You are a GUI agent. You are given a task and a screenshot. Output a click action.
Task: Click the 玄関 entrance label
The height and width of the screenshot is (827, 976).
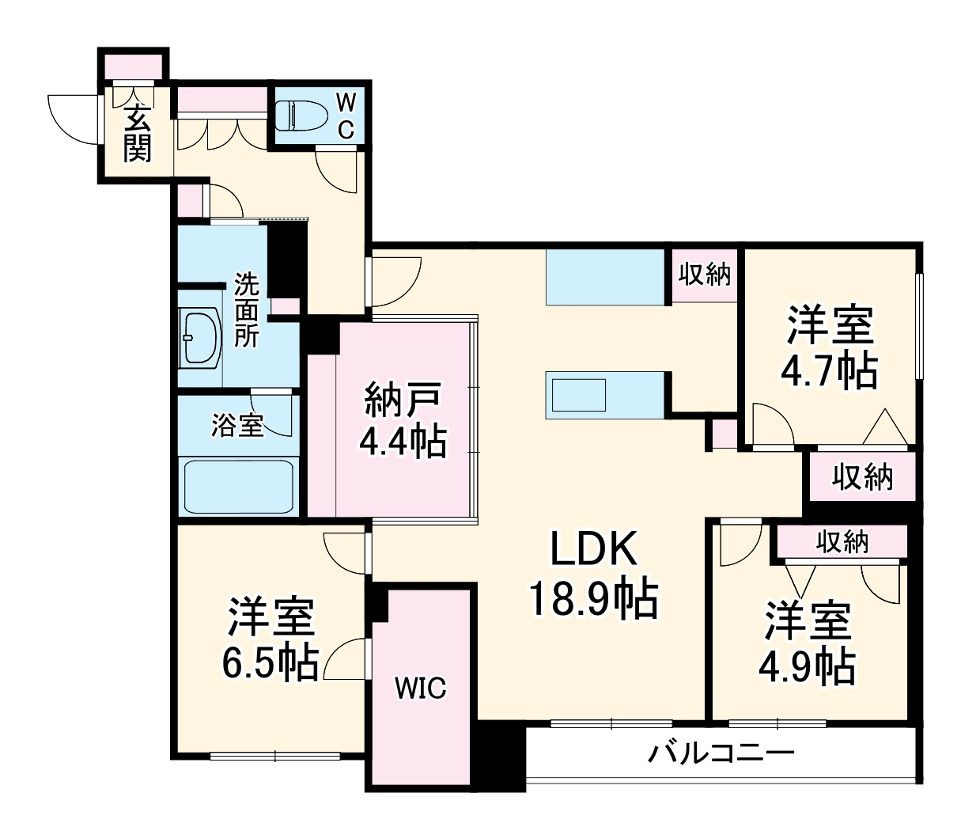(x=137, y=133)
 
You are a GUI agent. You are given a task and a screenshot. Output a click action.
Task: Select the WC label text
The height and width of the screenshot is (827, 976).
(x=346, y=116)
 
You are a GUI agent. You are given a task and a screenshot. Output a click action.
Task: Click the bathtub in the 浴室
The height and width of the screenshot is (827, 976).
(x=239, y=486)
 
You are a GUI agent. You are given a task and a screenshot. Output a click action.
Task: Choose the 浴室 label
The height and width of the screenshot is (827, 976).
(x=237, y=425)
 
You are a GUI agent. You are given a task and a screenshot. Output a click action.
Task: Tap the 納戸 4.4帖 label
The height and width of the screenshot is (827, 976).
(x=403, y=420)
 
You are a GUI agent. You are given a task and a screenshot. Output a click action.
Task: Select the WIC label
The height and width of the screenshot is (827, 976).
(x=421, y=688)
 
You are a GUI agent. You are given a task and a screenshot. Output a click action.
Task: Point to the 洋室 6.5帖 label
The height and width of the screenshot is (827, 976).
(x=271, y=639)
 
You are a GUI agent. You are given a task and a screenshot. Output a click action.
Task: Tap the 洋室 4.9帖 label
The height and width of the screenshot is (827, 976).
(x=807, y=643)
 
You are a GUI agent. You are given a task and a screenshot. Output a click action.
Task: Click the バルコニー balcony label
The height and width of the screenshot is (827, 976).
(x=721, y=753)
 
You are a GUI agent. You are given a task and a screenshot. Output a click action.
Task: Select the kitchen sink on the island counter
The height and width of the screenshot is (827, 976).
(x=578, y=394)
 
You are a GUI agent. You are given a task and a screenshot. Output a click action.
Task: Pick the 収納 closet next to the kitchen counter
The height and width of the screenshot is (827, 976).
(x=704, y=275)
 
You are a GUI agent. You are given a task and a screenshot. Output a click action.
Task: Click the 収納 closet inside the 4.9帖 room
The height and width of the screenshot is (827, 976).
(x=842, y=542)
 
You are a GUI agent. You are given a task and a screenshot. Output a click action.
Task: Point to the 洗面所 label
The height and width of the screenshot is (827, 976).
(x=246, y=309)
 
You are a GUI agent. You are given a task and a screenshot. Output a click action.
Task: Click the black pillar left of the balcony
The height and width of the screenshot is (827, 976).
(x=499, y=757)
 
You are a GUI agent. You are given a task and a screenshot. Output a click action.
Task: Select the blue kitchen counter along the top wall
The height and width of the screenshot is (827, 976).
(x=605, y=276)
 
